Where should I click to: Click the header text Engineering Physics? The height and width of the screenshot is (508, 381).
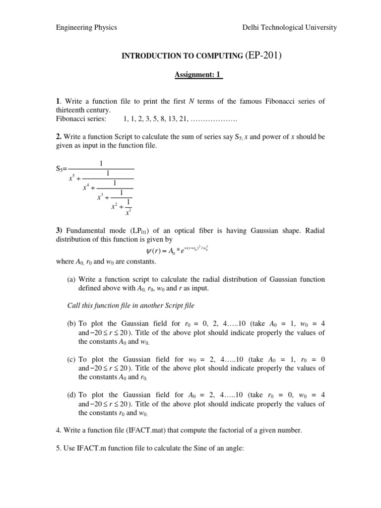pyautogui.click(x=86, y=27)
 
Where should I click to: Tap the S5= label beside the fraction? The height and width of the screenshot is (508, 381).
pyautogui.click(x=62, y=169)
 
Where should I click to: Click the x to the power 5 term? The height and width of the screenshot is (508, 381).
pyautogui.click(x=72, y=179)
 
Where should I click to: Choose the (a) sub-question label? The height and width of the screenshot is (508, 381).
pyautogui.click(x=72, y=280)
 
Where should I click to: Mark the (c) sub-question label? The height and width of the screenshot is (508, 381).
pyautogui.click(x=72, y=359)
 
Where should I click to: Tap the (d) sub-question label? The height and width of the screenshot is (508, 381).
pyautogui.click(x=72, y=395)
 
